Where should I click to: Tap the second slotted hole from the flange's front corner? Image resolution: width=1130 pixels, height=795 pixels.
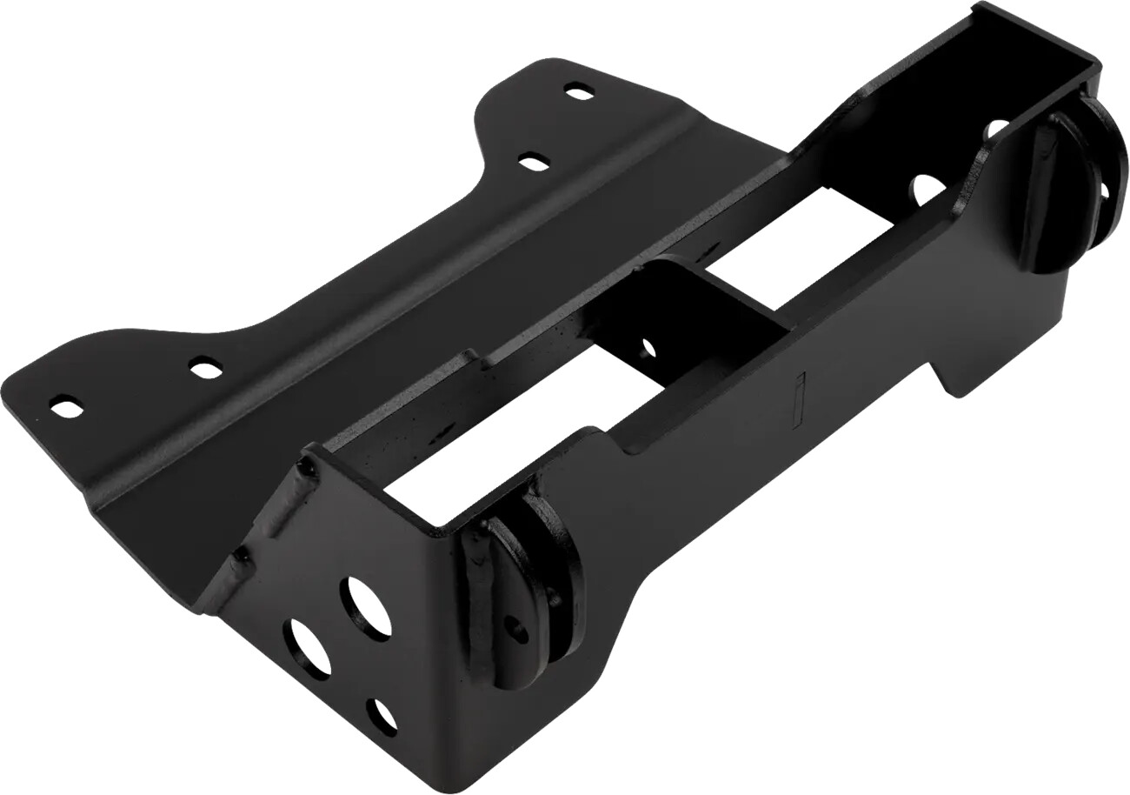[205, 369]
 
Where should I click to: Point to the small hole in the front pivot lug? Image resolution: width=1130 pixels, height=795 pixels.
[518, 630]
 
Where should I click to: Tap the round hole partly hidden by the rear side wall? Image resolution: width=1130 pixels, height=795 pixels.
[998, 130]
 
